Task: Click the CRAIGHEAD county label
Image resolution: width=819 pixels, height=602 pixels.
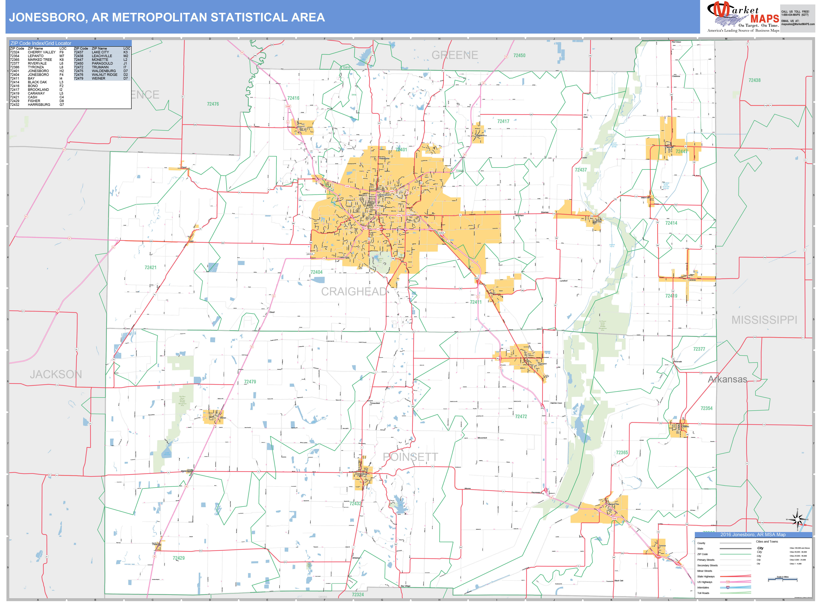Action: click(x=353, y=291)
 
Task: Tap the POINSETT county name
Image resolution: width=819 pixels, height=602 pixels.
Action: click(x=410, y=457)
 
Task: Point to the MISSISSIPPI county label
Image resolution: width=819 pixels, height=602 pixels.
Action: click(x=764, y=320)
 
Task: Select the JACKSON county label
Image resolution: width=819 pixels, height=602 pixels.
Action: click(x=56, y=374)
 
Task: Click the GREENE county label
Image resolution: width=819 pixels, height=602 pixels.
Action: click(x=455, y=55)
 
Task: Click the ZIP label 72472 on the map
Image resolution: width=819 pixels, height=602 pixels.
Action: click(x=521, y=417)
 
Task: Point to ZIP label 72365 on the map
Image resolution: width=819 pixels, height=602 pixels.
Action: click(x=622, y=453)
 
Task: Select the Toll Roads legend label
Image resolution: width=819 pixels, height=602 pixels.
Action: click(x=703, y=593)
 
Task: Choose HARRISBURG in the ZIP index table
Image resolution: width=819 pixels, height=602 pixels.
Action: click(x=39, y=105)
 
